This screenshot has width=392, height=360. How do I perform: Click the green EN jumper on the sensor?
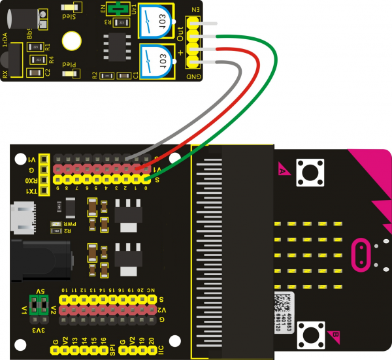point(118,8)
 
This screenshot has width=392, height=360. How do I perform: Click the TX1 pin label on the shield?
point(31,191)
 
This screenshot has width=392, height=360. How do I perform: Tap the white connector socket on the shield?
point(22,218)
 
